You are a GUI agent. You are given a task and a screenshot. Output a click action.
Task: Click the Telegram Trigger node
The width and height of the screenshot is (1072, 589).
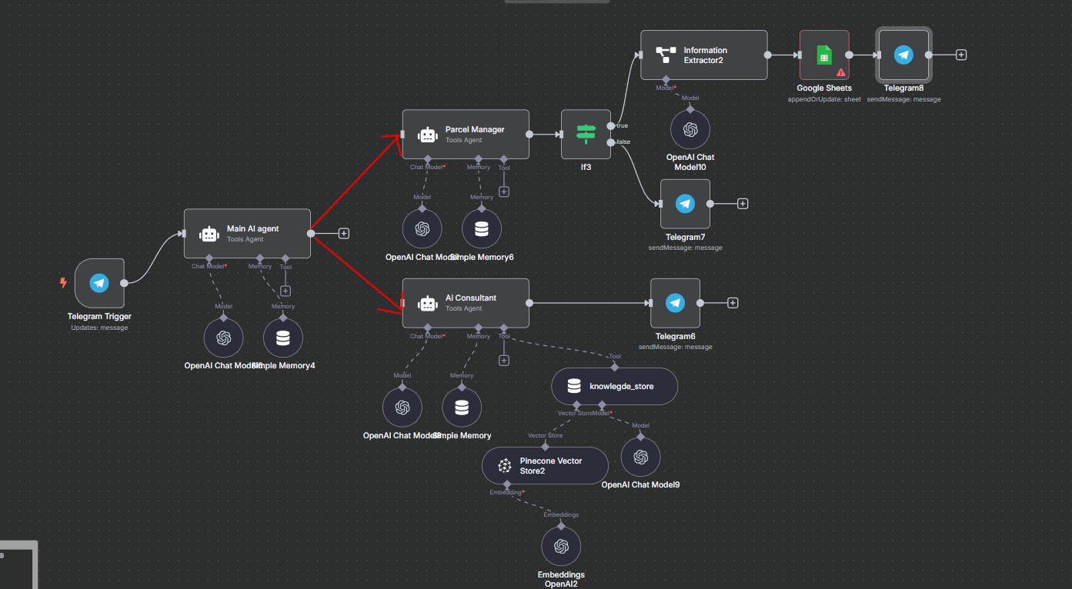tap(99, 283)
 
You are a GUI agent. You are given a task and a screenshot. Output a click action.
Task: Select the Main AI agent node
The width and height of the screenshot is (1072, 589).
tap(247, 233)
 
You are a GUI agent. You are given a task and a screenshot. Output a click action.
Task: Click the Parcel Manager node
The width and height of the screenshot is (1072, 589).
tap(466, 135)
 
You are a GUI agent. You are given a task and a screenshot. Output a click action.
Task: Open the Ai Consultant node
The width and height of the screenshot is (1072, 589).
tap(466, 303)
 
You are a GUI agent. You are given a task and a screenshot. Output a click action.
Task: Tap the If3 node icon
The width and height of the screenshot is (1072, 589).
tap(586, 134)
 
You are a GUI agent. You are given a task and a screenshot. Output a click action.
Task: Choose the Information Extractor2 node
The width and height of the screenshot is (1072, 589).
tap(704, 55)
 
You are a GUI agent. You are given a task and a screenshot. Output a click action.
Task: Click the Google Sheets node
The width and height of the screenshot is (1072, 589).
tap(824, 55)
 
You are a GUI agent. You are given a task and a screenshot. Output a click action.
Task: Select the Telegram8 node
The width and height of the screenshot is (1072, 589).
tap(903, 55)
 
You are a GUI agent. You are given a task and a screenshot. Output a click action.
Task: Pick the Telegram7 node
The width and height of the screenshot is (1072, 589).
tap(685, 204)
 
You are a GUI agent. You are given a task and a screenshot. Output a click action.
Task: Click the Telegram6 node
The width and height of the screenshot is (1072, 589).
tap(675, 303)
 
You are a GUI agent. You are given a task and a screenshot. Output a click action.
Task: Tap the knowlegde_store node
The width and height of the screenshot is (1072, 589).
tap(614, 386)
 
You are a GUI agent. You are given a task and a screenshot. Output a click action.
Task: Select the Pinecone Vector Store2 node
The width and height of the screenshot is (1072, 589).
tap(545, 465)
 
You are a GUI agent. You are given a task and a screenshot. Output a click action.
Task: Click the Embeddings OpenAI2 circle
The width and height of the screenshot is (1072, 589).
tap(561, 547)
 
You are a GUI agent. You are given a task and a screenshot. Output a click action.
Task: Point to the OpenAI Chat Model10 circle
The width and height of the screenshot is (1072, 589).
tap(690, 129)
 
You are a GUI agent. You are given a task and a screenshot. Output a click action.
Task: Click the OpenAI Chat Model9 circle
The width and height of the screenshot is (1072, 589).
tap(640, 458)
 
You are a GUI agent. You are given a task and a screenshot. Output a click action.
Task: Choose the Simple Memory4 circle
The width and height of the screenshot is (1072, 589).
tap(282, 338)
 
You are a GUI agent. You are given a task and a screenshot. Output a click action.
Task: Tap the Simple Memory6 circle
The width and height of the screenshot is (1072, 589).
tap(482, 229)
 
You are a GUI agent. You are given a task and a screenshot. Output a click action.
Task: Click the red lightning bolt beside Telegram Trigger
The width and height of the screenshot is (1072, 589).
tap(64, 282)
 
